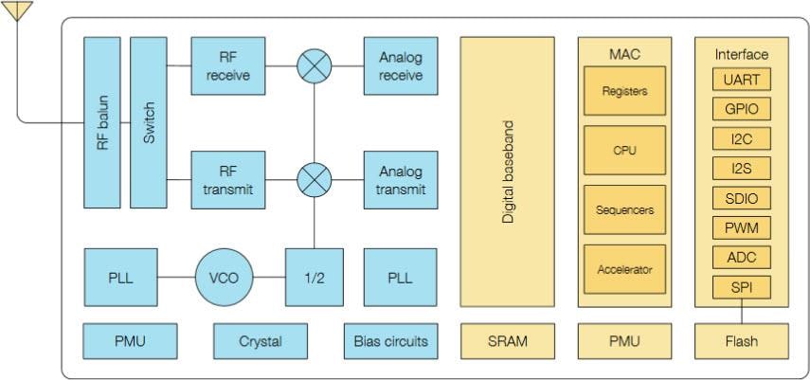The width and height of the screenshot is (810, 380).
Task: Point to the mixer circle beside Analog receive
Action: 314,66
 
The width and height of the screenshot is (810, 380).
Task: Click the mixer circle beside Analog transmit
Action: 314,180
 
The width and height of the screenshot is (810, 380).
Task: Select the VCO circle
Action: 224,278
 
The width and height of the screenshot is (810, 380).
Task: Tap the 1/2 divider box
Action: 314,278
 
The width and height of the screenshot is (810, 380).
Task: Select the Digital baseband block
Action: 507,172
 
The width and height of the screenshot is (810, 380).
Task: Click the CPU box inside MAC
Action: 624,151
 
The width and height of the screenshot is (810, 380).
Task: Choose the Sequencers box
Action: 624,210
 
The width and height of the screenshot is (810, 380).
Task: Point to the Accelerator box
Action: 624,269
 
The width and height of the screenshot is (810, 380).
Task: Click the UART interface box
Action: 741,80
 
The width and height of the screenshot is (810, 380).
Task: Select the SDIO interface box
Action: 741,198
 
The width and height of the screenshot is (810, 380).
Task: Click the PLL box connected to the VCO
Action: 120,278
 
